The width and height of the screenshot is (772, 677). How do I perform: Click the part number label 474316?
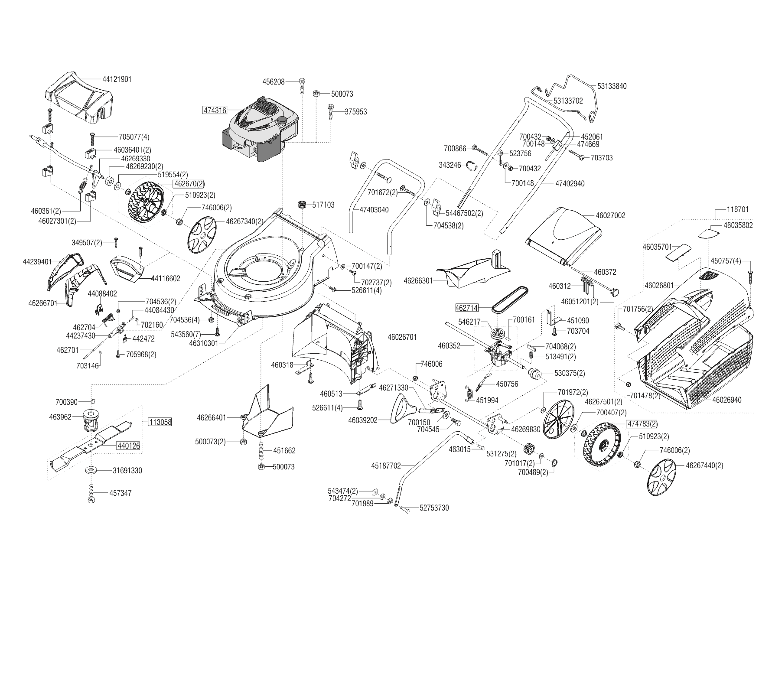[x=215, y=110]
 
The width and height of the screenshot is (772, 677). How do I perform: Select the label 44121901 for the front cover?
[x=117, y=79]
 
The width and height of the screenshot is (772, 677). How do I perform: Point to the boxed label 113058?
[x=160, y=422]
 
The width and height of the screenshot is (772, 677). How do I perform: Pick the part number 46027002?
[x=610, y=215]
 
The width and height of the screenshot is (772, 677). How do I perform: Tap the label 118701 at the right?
[x=737, y=209]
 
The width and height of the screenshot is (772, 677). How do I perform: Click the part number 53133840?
[x=612, y=86]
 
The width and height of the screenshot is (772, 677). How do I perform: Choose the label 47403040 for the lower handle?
[x=374, y=210]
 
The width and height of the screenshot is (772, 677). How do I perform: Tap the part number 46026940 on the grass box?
[x=727, y=400]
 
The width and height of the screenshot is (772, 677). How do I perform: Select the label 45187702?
[x=386, y=466]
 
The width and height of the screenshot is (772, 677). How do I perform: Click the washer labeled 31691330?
[x=91, y=470]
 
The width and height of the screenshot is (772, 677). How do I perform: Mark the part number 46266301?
[x=418, y=280]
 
